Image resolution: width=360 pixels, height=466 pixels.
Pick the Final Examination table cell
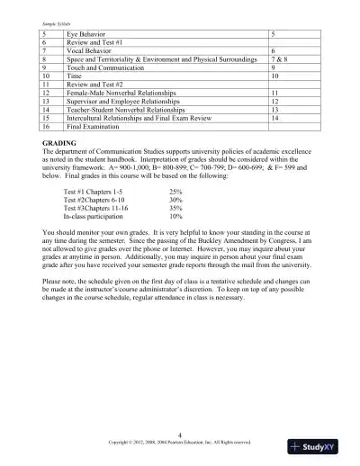[95, 127]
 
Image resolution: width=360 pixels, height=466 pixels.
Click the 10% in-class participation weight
[175, 218]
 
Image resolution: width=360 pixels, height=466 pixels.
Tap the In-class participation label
[97, 218]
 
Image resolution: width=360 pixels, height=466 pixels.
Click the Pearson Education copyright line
[179, 443]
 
